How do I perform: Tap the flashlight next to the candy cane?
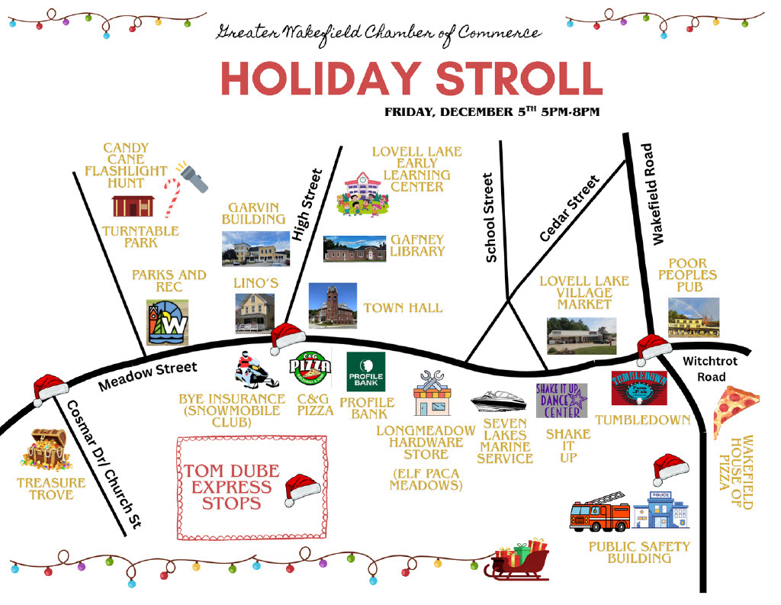191,175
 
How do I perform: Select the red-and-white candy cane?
172,196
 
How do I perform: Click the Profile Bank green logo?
366,372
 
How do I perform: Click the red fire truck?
600,514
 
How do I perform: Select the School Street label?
490,217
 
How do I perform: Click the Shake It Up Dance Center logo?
561,401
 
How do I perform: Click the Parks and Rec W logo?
168,322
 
